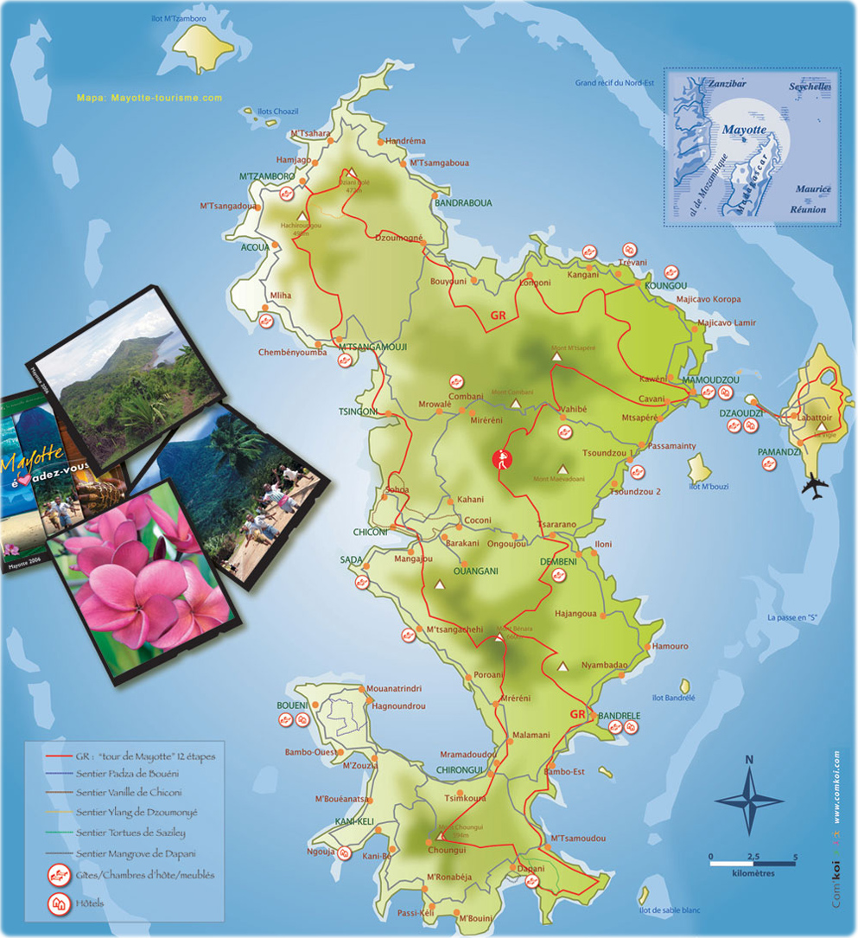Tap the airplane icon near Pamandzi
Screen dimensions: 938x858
814,486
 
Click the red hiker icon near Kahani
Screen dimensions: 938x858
500,460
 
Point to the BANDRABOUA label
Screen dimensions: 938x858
463,203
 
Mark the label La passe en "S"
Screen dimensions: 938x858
792,617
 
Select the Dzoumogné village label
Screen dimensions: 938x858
398,238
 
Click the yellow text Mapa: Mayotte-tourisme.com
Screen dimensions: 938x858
149,98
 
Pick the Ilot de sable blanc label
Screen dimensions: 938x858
670,909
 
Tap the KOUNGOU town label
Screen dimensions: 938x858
665,285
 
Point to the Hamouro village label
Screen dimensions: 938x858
671,646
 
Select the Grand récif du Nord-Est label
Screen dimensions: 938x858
616,83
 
